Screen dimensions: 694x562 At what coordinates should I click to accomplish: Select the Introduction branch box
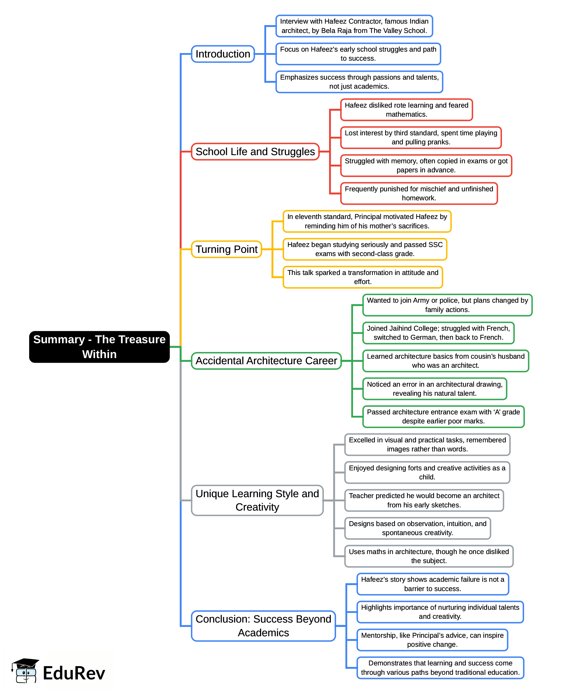click(223, 54)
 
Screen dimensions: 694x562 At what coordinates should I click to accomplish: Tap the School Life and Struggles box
click(255, 152)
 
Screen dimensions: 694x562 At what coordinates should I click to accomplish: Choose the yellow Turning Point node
click(226, 249)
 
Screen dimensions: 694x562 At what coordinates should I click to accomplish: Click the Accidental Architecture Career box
click(266, 361)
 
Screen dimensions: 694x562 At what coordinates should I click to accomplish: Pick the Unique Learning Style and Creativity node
click(257, 500)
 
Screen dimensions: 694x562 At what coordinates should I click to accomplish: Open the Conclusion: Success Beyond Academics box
click(263, 626)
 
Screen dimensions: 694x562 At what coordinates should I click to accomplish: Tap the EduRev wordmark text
click(74, 673)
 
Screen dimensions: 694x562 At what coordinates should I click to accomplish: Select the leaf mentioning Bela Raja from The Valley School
click(354, 26)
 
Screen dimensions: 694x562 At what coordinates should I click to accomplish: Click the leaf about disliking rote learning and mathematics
click(406, 110)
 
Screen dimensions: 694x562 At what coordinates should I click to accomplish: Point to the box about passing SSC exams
click(365, 249)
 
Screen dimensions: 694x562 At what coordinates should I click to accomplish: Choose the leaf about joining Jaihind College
click(438, 333)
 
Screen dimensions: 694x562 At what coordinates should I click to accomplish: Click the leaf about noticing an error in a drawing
click(434, 389)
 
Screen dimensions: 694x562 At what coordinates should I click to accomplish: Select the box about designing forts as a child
click(427, 472)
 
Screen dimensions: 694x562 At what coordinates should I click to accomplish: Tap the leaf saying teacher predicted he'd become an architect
click(424, 500)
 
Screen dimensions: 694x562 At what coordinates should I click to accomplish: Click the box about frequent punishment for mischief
click(419, 193)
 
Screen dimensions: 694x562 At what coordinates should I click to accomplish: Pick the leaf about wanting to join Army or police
click(447, 305)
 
